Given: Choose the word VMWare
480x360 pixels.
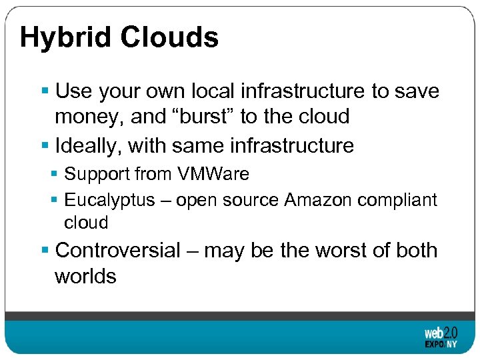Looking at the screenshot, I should click(213, 175).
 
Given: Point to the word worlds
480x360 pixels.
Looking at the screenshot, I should click(85, 275).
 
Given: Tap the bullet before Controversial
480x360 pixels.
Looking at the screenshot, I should click(45, 251).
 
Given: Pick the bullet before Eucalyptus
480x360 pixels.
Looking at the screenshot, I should click(55, 200).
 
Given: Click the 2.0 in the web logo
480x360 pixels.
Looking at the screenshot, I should click(450, 331).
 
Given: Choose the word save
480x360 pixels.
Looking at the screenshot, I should click(417, 91).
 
